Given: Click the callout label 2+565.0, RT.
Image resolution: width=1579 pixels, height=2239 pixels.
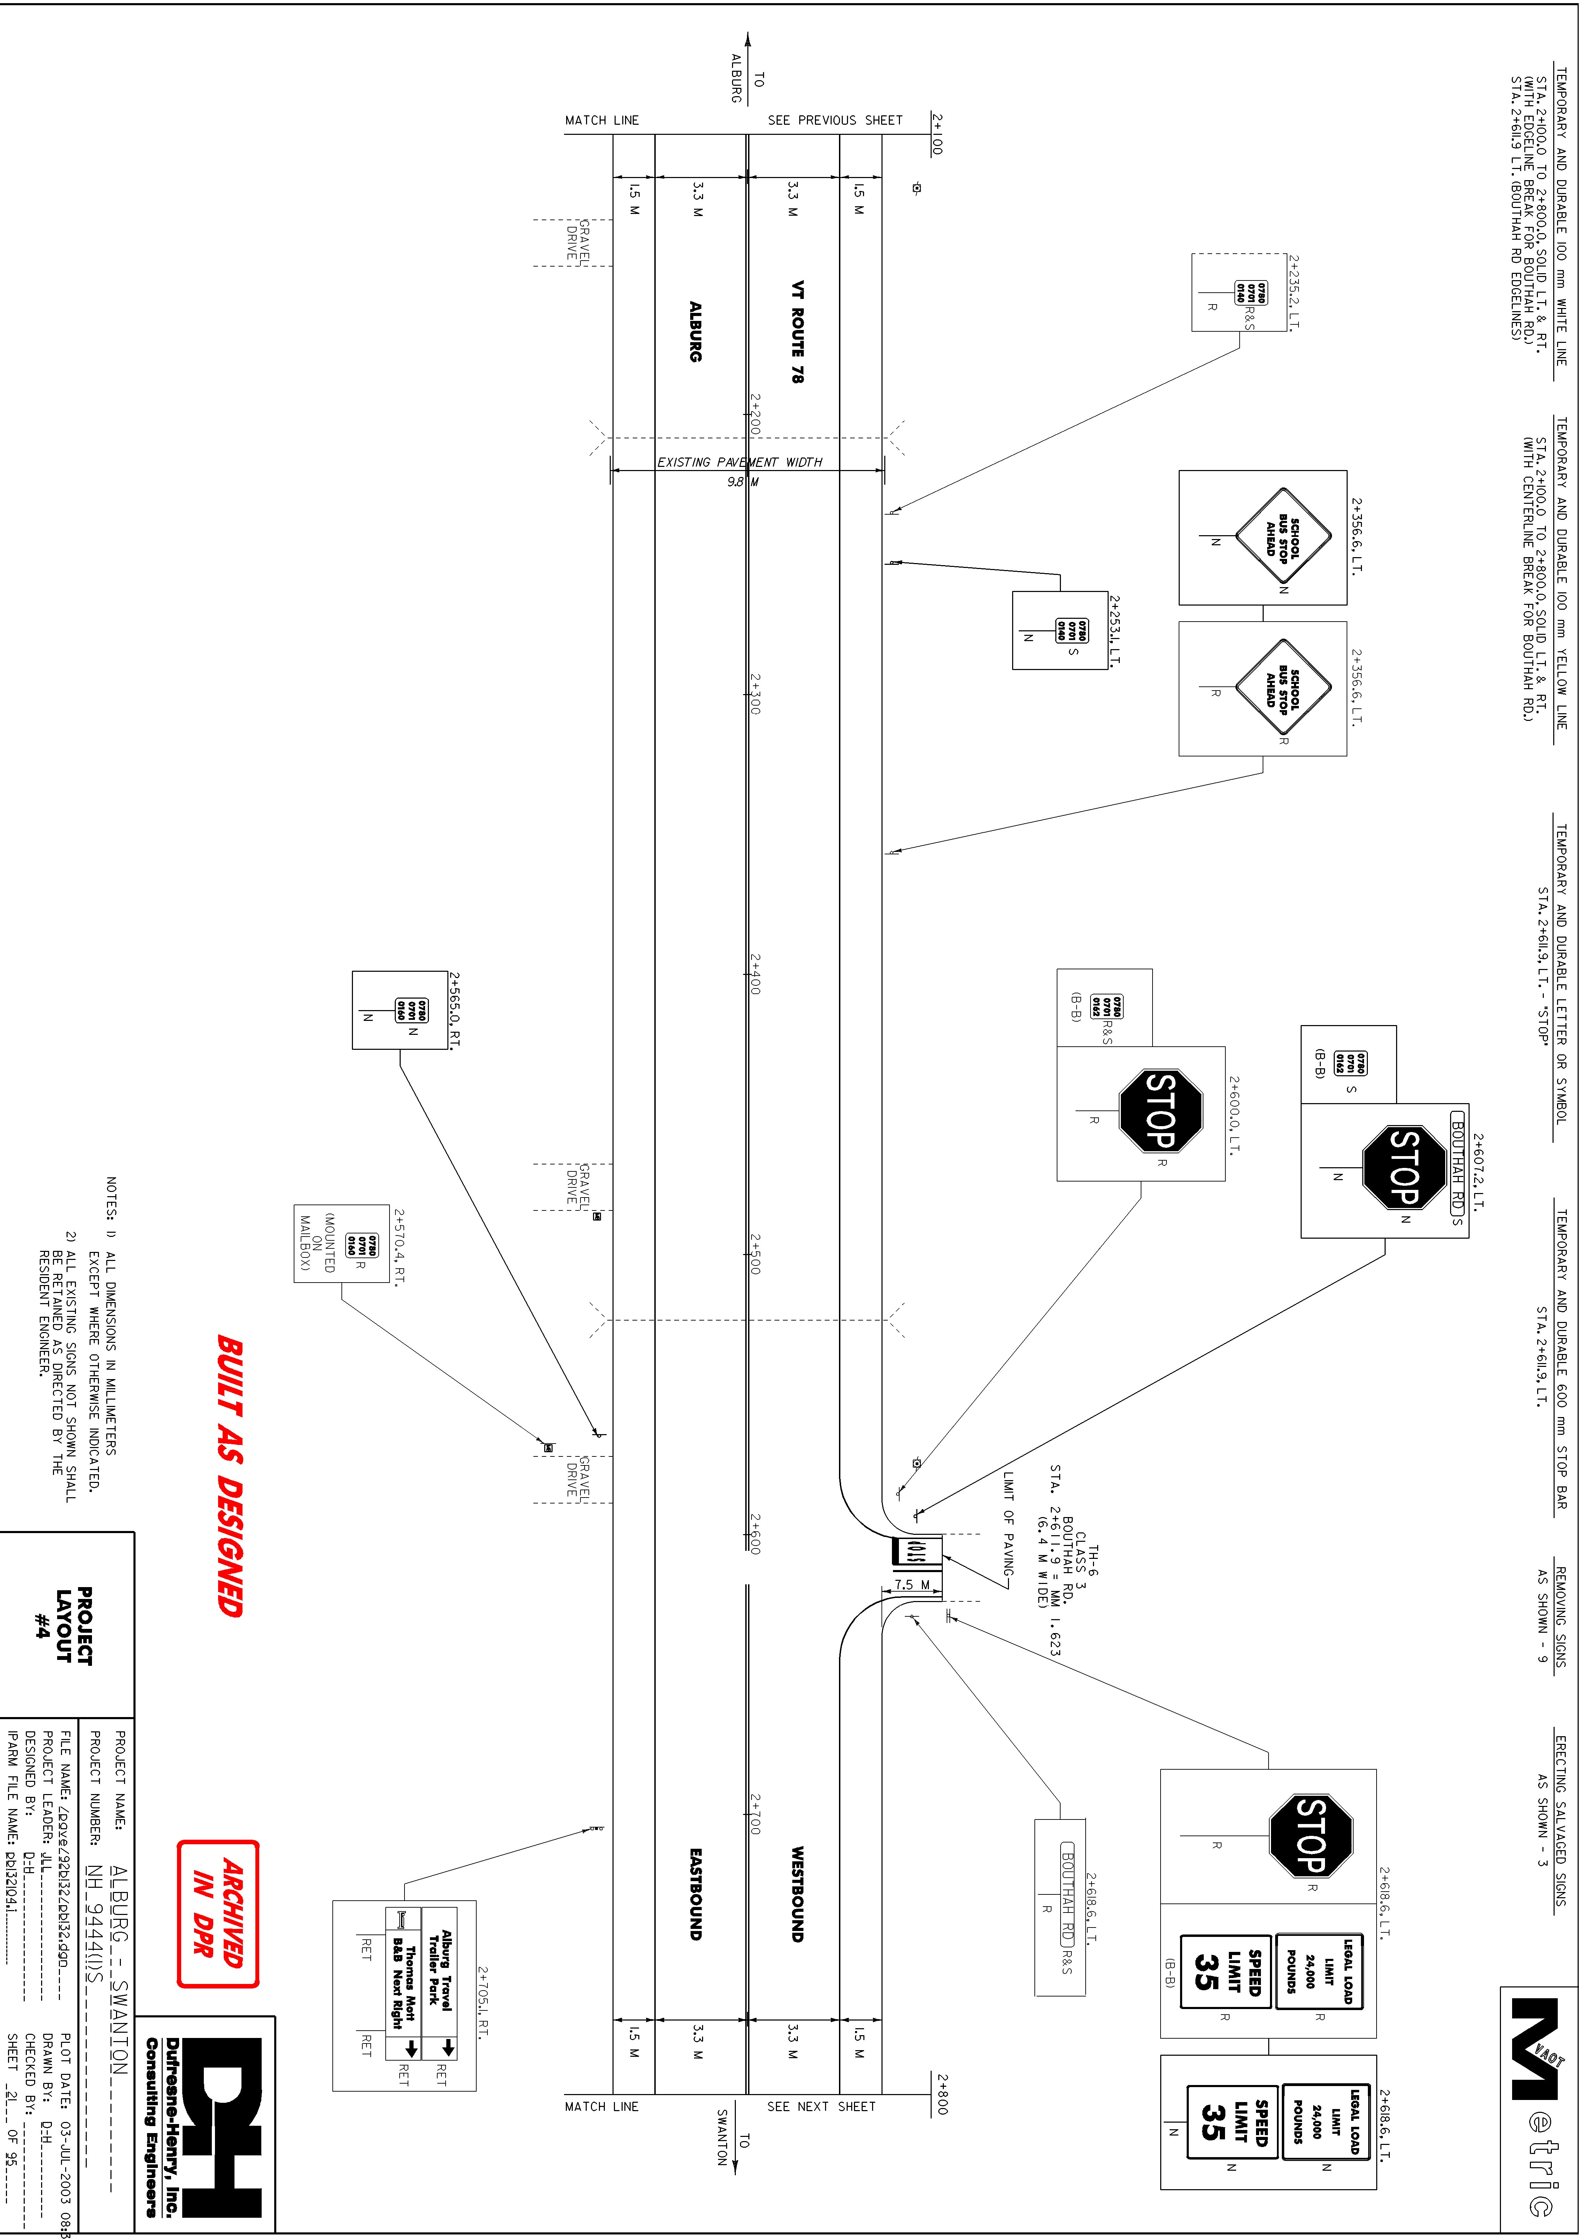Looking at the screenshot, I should [454, 1009].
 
